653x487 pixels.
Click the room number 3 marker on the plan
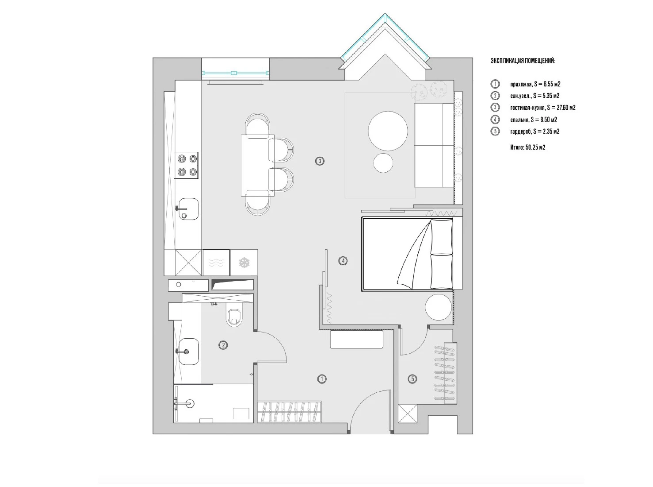[320, 161]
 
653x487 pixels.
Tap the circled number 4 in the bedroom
[343, 261]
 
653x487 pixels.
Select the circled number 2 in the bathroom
[223, 345]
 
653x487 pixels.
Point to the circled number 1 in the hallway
[322, 379]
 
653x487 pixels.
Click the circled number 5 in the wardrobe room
[412, 379]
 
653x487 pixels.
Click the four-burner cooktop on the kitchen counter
[186, 165]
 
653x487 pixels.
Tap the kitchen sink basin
[188, 209]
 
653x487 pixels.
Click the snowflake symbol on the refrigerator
[244, 263]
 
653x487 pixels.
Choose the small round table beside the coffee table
[383, 163]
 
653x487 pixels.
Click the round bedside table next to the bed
[439, 307]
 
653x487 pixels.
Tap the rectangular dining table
[257, 166]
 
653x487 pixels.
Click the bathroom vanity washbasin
[189, 352]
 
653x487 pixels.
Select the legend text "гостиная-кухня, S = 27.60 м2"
[543, 108]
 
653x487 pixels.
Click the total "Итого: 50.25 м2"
[527, 147]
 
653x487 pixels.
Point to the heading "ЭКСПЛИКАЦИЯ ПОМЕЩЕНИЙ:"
[523, 61]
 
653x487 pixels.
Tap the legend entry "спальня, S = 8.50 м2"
[534, 120]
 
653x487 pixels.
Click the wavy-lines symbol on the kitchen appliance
[216, 263]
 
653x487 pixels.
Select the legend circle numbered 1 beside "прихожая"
[495, 84]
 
